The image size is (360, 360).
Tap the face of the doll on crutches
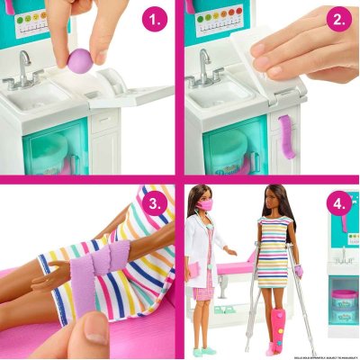click(x=271, y=202)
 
